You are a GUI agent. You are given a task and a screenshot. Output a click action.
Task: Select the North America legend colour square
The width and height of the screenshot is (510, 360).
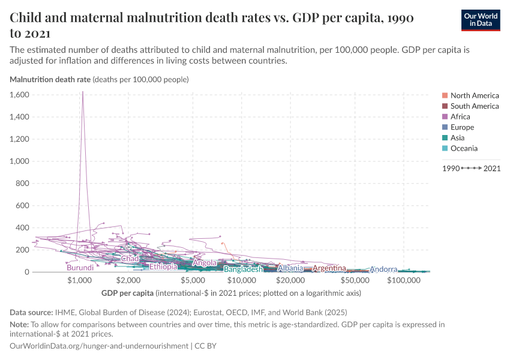[x=445, y=95]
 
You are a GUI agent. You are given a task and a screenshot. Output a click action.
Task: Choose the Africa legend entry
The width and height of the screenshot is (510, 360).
[x=460, y=116]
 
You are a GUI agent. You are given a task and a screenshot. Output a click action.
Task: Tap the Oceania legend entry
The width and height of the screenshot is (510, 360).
[x=464, y=148]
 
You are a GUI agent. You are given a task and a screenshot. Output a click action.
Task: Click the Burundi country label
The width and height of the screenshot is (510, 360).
[x=80, y=268]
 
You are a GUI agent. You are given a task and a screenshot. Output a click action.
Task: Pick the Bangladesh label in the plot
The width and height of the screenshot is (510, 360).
[x=243, y=269]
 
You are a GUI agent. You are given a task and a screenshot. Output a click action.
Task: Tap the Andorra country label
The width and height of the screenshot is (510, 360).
[x=383, y=269]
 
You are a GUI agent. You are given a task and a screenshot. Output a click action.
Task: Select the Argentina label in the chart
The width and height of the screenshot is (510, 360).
[x=329, y=268]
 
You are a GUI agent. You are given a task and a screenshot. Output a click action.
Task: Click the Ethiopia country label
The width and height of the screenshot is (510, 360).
[x=163, y=266]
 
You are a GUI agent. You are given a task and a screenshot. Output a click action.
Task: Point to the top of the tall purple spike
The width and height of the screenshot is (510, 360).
[x=83, y=92]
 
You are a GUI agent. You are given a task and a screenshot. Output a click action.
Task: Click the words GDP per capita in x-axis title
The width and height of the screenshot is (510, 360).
[x=127, y=293]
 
